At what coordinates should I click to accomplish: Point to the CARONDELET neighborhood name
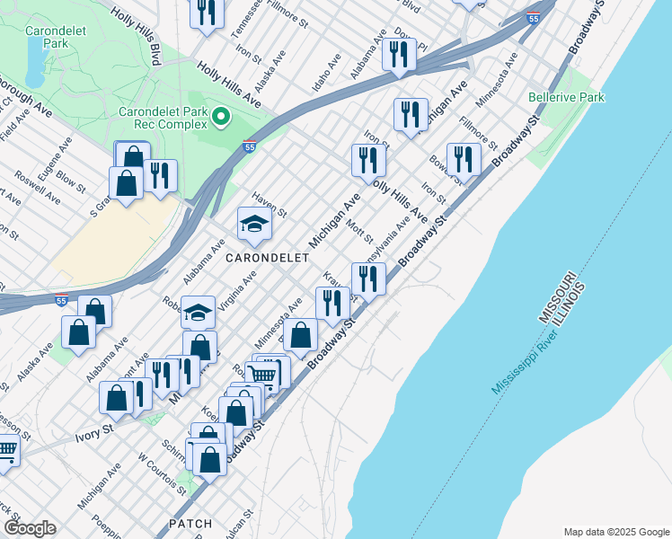(267, 258)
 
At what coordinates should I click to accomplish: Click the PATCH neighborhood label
(190, 523)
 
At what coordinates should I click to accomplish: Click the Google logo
(31, 528)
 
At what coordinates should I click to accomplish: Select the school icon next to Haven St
(254, 225)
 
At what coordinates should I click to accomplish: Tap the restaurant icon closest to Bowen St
(464, 160)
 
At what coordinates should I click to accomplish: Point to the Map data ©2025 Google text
(615, 532)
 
